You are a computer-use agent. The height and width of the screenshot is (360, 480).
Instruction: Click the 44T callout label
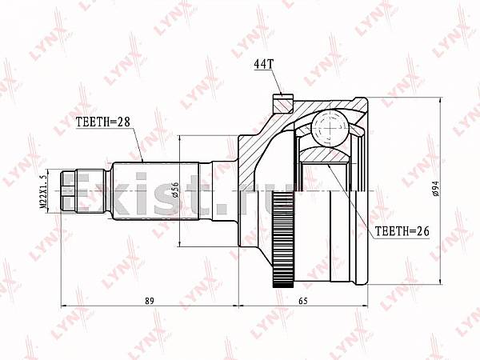263,64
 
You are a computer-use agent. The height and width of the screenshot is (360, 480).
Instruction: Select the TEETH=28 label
103,122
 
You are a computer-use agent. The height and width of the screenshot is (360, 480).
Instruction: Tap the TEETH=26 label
402,231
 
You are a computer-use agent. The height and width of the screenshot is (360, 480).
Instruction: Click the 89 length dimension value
150,301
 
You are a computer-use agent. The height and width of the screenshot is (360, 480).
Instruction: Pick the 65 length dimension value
302,301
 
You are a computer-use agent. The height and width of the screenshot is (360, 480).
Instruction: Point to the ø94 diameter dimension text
436,189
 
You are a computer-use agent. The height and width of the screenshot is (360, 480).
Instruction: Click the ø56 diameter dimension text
175,190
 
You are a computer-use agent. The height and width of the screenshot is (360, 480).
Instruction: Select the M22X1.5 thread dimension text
43,191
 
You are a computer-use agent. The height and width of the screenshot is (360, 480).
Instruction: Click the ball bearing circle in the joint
330,129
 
